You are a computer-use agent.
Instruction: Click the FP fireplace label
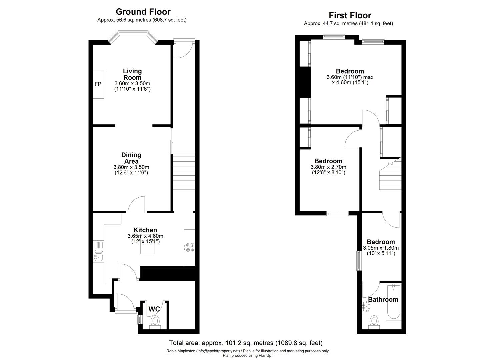coord(98,84)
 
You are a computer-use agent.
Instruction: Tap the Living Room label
coord(132,74)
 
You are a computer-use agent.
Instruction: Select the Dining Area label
coord(131,158)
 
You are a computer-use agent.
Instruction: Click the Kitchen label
coord(145,230)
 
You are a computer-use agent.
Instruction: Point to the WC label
coord(154,309)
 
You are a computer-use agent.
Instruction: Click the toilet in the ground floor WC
coord(155,322)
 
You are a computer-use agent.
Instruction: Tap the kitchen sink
coord(98,256)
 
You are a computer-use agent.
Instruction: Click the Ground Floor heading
coord(143,12)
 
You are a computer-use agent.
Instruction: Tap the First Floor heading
coord(350,15)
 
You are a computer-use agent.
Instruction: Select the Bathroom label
coord(383,299)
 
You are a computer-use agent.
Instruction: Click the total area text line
coord(246,343)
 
